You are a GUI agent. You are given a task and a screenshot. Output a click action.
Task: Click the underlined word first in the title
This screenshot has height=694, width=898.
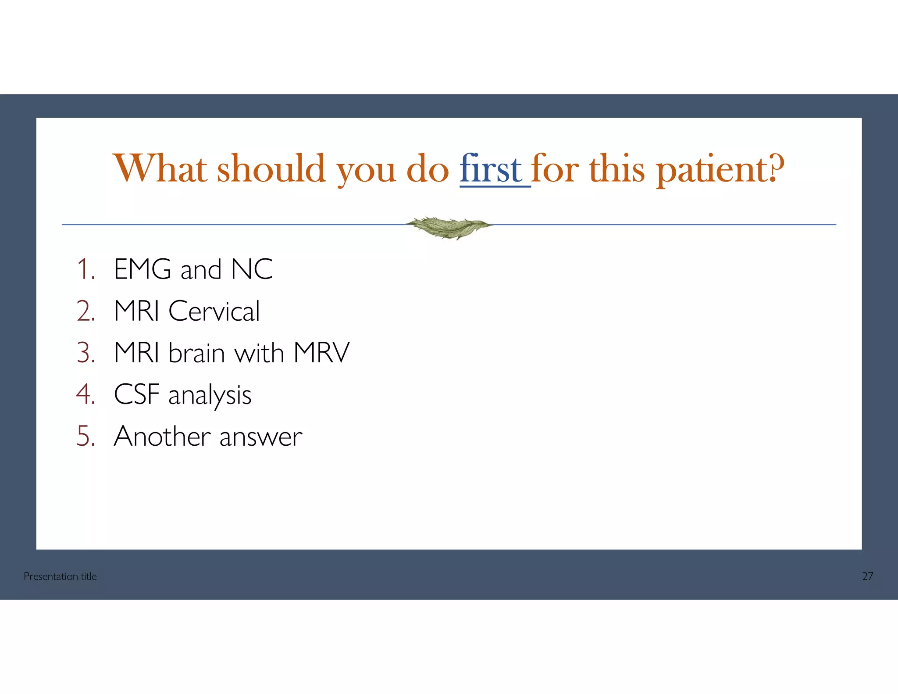pos(491,169)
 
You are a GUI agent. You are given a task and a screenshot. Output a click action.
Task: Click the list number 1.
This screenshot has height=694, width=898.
pos(86,269)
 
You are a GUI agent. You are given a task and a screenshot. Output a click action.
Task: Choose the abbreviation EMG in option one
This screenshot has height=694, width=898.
pos(143,269)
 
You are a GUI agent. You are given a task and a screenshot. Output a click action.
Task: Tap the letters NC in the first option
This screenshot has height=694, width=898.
pos(252,269)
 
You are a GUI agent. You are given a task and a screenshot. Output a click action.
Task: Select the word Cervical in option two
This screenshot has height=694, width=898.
pos(214,311)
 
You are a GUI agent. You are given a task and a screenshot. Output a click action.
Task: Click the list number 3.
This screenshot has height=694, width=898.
pos(86,353)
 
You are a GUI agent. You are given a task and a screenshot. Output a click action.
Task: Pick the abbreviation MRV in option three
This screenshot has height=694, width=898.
pos(321,353)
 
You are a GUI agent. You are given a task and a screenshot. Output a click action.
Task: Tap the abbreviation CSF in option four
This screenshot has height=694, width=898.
pos(136,394)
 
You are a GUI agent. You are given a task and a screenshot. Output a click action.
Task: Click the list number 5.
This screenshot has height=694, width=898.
pos(86,436)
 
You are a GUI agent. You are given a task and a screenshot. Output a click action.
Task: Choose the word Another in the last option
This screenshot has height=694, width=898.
pos(162,436)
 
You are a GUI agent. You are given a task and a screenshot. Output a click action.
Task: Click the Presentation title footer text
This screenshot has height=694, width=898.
pos(60,576)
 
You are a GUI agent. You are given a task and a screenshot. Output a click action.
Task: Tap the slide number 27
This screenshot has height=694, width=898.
pos(867,576)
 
